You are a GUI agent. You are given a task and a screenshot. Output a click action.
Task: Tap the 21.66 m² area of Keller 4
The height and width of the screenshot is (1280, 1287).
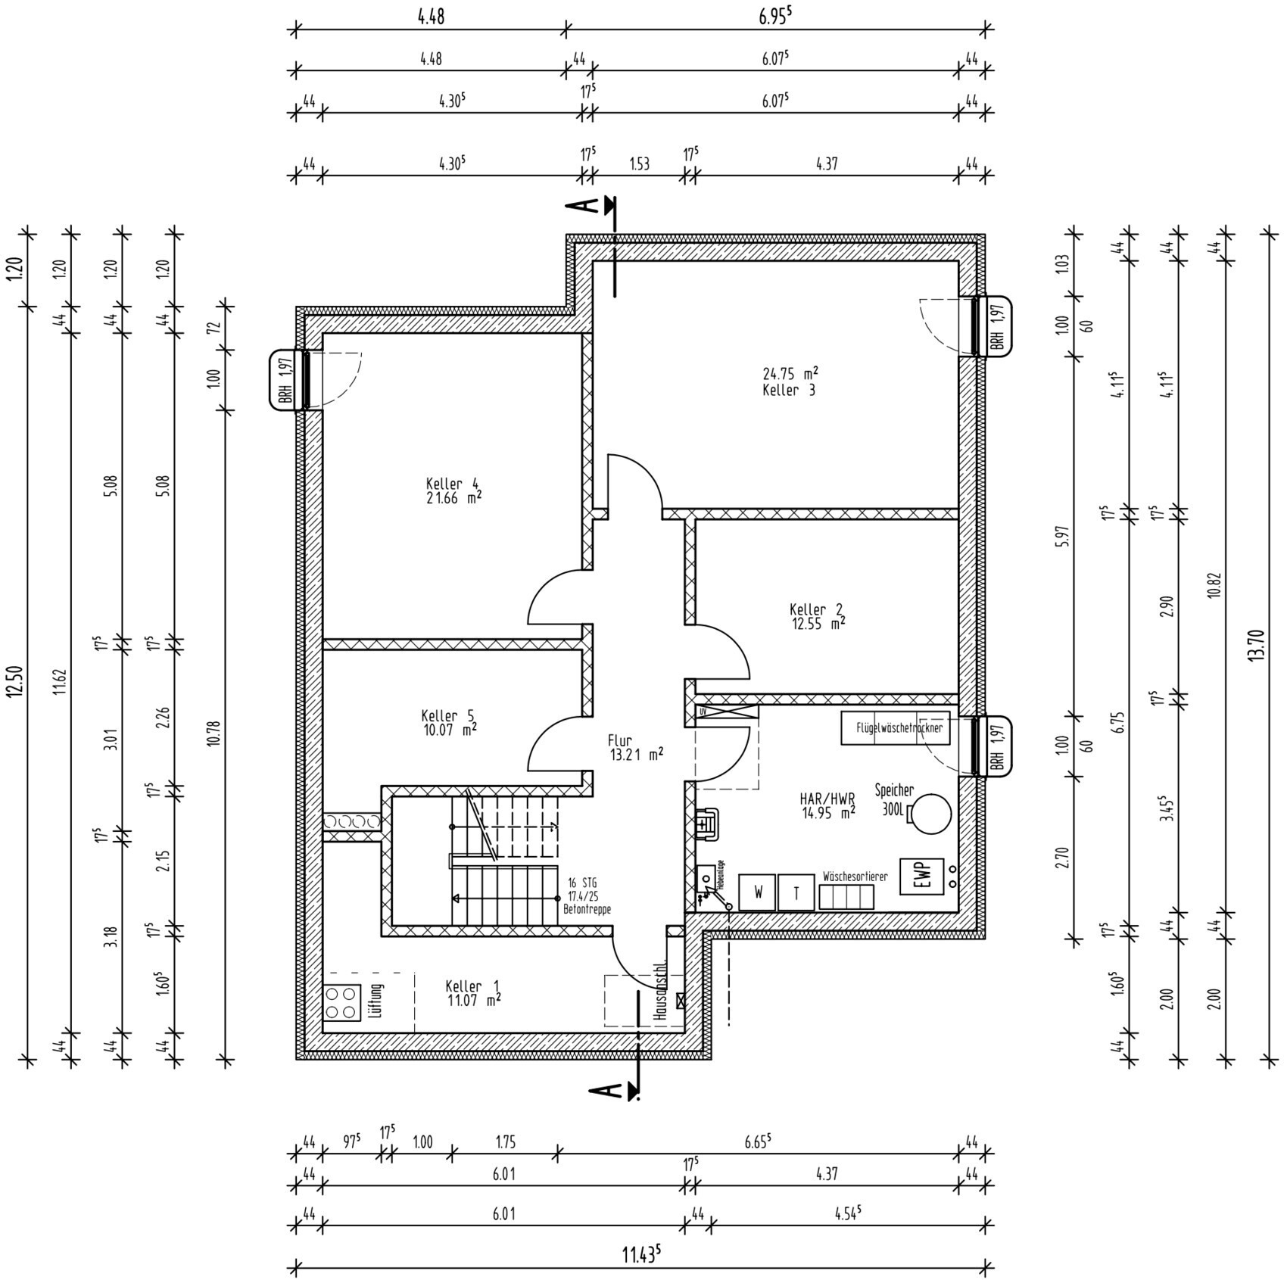pyautogui.click(x=453, y=499)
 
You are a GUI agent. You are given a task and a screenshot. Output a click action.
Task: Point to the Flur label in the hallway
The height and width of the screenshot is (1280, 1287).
pyautogui.click(x=619, y=740)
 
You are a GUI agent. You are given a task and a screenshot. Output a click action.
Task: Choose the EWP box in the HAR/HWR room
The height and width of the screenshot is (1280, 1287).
pyautogui.click(x=921, y=877)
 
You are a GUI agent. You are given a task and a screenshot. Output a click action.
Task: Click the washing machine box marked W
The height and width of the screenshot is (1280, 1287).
pyautogui.click(x=757, y=892)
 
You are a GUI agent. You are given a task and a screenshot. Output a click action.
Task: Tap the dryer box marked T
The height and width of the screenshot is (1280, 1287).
pyautogui.click(x=796, y=892)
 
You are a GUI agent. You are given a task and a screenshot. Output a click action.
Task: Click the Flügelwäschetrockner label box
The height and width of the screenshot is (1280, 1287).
pyautogui.click(x=896, y=728)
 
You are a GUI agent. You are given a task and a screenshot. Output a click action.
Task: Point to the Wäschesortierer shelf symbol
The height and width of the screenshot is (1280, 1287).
pyautogui.click(x=846, y=897)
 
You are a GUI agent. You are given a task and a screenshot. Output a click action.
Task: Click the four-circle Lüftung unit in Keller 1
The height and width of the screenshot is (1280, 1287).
pyautogui.click(x=342, y=1001)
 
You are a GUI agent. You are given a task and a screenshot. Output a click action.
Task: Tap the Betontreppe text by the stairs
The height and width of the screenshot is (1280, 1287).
pyautogui.click(x=587, y=910)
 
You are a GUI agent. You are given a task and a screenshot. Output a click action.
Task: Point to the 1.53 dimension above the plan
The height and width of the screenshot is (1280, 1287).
pyautogui.click(x=639, y=164)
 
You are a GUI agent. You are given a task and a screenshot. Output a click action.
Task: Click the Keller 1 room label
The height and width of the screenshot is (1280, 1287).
pyautogui.click(x=472, y=986)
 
